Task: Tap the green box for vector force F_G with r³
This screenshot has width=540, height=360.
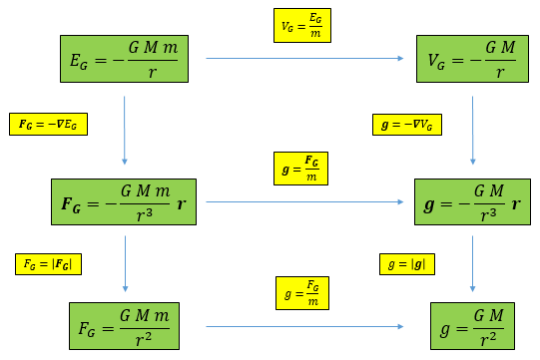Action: pyautogui.click(x=125, y=202)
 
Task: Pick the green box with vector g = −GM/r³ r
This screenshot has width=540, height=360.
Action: pyautogui.click(x=471, y=202)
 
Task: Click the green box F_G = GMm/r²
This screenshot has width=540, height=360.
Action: pyautogui.click(x=126, y=326)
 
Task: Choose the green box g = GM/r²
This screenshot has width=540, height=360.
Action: pyautogui.click(x=471, y=326)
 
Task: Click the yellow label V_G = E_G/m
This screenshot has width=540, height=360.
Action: pyautogui.click(x=301, y=25)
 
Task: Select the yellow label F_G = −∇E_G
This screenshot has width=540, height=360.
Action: pyautogui.click(x=49, y=124)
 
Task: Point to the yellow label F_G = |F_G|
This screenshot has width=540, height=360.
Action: pyautogui.click(x=48, y=264)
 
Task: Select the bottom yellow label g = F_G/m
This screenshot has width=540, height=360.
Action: pyautogui.click(x=301, y=293)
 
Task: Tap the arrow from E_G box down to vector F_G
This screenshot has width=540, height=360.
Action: pyautogui.click(x=125, y=130)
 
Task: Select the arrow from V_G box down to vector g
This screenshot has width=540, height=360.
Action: pyautogui.click(x=471, y=130)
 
